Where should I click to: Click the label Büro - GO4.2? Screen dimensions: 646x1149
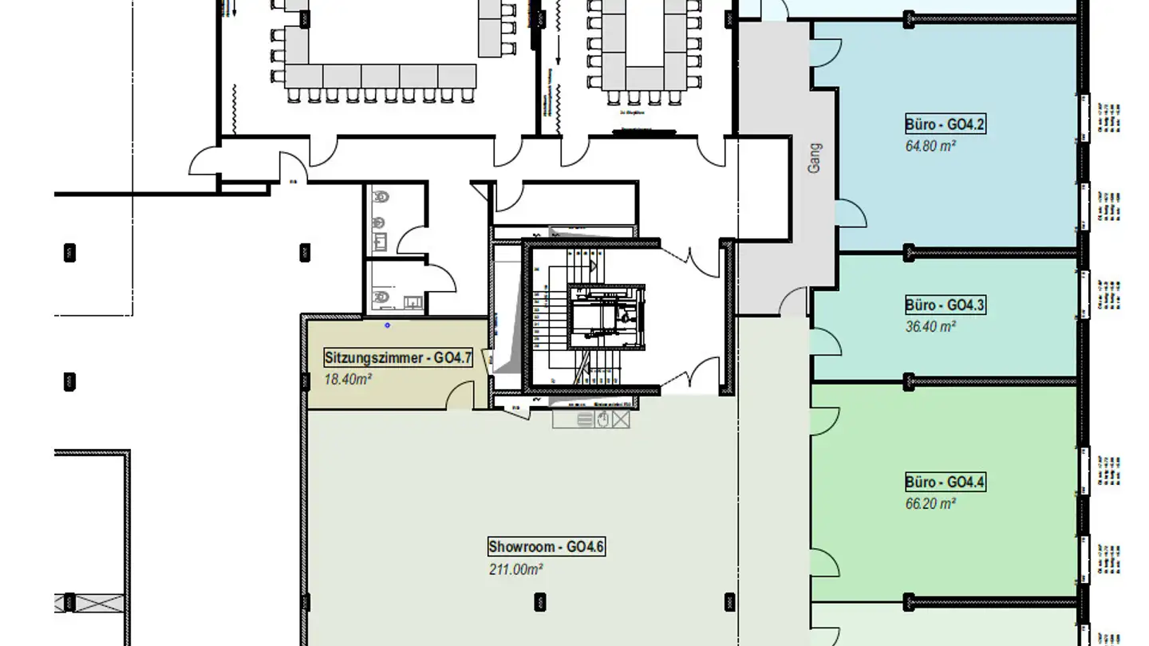(946, 124)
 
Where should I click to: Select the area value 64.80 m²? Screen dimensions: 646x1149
(930, 146)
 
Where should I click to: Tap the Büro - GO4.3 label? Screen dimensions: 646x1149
(946, 305)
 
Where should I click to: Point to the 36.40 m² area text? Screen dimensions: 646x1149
(930, 326)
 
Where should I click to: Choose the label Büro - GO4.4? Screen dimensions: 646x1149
(946, 483)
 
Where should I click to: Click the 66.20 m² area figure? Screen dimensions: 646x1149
(930, 504)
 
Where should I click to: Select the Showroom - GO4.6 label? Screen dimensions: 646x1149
(547, 547)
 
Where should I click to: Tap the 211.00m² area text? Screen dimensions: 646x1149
(515, 569)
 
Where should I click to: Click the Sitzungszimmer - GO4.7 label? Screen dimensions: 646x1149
(397, 358)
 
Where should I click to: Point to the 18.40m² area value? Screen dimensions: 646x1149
(348, 380)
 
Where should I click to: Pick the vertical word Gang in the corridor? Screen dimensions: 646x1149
(814, 158)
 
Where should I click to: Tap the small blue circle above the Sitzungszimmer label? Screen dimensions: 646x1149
(388, 325)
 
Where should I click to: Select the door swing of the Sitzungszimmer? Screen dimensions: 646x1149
(460, 396)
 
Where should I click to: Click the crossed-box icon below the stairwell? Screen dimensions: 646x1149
(621, 420)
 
